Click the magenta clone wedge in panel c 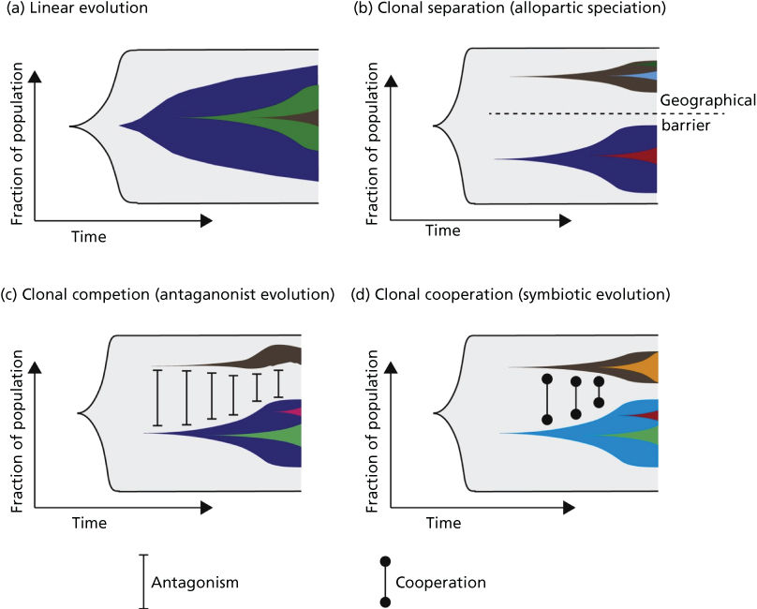click(293, 411)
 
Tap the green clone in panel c click(281, 436)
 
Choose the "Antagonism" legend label click(195, 582)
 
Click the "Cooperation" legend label click(440, 582)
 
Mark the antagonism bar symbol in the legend click(142, 582)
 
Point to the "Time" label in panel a click(89, 237)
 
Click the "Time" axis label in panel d click(443, 523)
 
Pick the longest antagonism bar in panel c click(157, 398)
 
